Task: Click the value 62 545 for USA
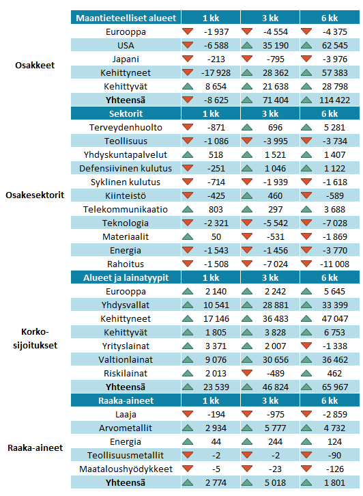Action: [x=334, y=46]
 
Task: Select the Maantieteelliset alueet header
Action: [x=126, y=18]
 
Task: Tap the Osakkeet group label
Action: [x=35, y=65]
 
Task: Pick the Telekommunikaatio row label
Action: [x=126, y=210]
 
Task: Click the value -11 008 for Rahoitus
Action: [x=334, y=264]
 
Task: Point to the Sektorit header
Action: [x=126, y=113]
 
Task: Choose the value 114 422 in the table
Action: [x=334, y=100]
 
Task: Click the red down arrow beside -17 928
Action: [x=188, y=72]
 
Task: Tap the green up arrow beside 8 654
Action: [x=188, y=86]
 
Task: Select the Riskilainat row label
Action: [x=126, y=374]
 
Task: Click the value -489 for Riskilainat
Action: [x=275, y=374]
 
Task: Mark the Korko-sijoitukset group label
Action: [x=35, y=338]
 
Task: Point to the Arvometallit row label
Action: [x=126, y=428]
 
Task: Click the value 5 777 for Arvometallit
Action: [x=275, y=428]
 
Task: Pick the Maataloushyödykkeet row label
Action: [x=126, y=469]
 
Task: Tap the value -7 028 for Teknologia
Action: [x=334, y=223]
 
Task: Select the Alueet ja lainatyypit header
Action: [x=126, y=278]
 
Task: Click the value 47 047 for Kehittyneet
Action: [x=334, y=319]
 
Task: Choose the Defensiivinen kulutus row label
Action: [x=126, y=168]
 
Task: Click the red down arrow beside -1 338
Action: [x=306, y=346]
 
